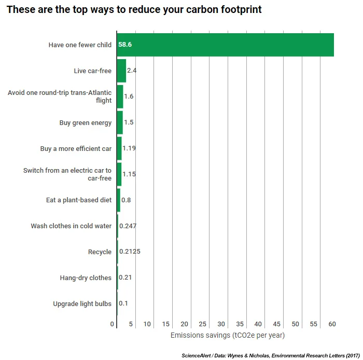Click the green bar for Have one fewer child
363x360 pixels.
tap(226, 45)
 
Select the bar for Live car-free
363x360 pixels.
tap(121, 71)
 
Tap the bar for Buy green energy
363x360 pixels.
tap(120, 122)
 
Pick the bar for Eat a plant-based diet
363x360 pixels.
tap(118, 200)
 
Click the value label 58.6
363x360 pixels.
tap(125, 45)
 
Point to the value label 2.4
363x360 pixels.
tap(132, 71)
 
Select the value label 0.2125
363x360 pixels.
tap(130, 252)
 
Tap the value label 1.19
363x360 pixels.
tap(129, 148)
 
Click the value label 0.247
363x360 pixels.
tap(128, 226)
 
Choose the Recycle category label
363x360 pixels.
tap(100, 252)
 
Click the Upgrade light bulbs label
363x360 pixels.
tap(82, 303)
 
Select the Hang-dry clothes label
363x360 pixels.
tap(86, 278)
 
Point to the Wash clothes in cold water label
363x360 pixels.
tap(71, 226)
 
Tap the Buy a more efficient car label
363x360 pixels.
tap(76, 148)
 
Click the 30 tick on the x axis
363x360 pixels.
tap(221, 324)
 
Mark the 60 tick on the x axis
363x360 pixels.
tap(332, 324)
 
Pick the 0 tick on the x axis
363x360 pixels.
tap(113, 324)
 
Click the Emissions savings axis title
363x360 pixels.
tap(228, 336)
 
